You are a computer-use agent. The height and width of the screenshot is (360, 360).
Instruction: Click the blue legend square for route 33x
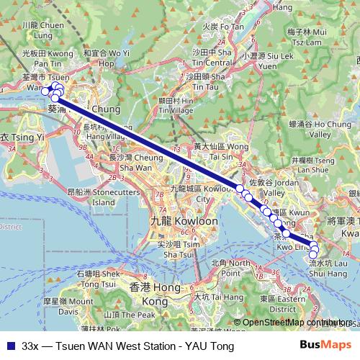coord(9,346)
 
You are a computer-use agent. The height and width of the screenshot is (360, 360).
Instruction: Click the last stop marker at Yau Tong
coord(313,254)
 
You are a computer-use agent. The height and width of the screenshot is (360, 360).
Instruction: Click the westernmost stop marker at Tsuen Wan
coord(45,91)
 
